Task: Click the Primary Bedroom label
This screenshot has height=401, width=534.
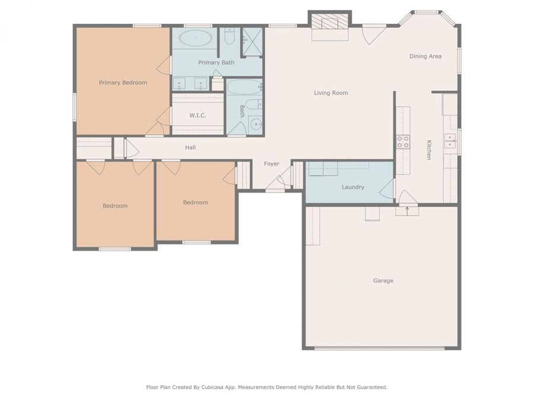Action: pyautogui.click(x=122, y=83)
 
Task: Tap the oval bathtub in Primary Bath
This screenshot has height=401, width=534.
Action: pyautogui.click(x=196, y=40)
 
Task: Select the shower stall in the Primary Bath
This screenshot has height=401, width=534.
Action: pyautogui.click(x=252, y=42)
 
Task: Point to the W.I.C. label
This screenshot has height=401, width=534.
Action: pyautogui.click(x=198, y=115)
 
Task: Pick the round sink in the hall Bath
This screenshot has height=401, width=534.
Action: pyautogui.click(x=255, y=124)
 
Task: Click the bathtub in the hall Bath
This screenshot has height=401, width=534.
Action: pyautogui.click(x=244, y=89)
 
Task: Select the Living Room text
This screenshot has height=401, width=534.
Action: pyautogui.click(x=330, y=93)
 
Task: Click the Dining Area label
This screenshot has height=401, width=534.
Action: pyautogui.click(x=425, y=56)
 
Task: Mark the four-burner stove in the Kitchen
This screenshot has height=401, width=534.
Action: pyautogui.click(x=403, y=141)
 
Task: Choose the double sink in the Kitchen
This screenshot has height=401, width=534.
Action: pyautogui.click(x=450, y=140)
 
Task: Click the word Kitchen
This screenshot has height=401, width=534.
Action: pyautogui.click(x=429, y=150)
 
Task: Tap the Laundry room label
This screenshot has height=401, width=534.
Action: pyautogui.click(x=352, y=187)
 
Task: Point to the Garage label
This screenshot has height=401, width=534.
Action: pyautogui.click(x=383, y=280)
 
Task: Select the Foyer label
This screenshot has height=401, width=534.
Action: pyautogui.click(x=271, y=164)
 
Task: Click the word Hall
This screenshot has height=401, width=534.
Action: pyautogui.click(x=190, y=147)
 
